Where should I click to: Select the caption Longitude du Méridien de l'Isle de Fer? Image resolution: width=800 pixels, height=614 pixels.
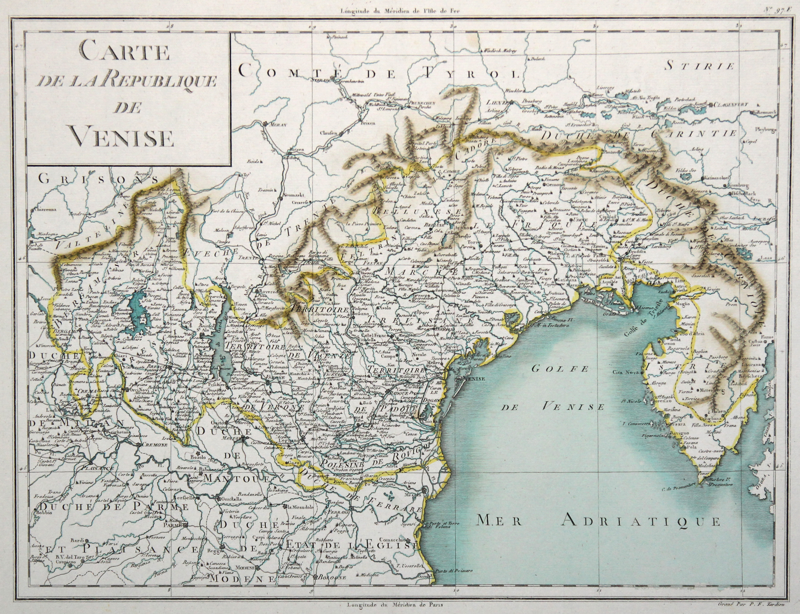tap(400, 10)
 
